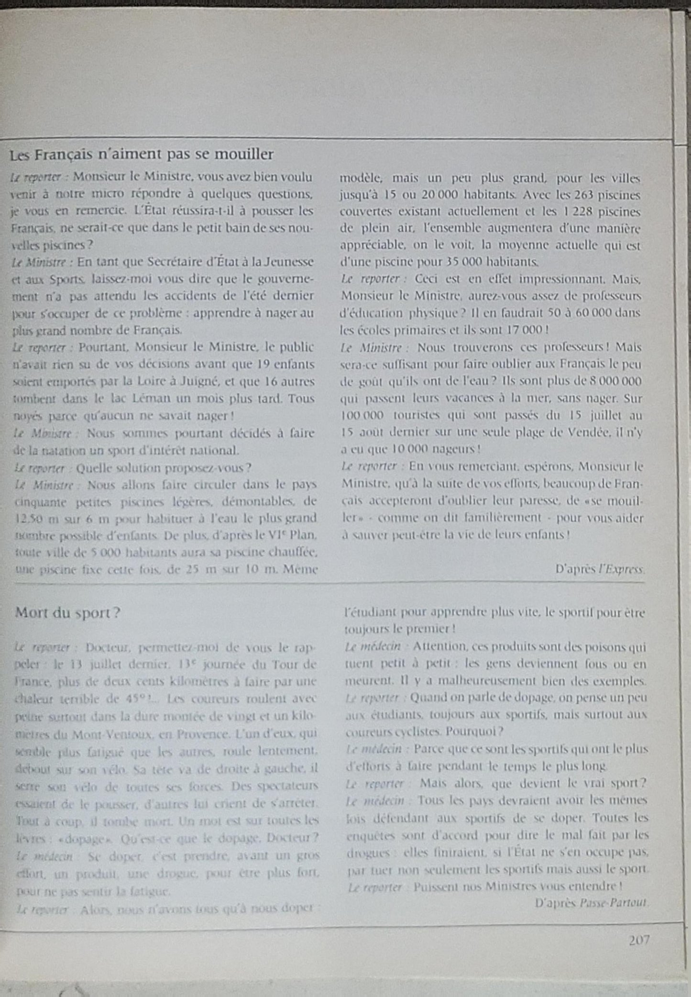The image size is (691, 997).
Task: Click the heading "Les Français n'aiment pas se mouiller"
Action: pos(142,155)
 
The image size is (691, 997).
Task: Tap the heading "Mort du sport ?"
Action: pos(67,613)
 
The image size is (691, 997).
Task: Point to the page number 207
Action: pos(639,940)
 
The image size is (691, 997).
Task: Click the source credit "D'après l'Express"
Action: pos(600,569)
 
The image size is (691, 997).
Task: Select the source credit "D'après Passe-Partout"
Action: pos(592,903)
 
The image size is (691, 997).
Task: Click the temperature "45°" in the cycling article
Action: pos(142,699)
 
